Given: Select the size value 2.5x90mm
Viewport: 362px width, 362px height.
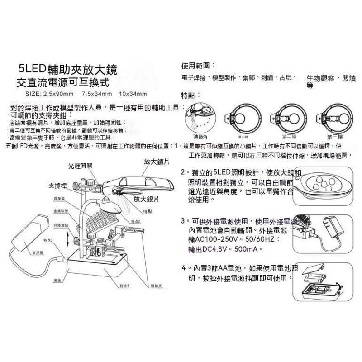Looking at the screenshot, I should (57, 94).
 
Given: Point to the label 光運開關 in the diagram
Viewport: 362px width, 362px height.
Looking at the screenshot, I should (81, 166).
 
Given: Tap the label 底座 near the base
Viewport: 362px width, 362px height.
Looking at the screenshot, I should (57, 281).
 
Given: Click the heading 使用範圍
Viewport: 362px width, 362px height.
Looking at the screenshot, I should (198, 65).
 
